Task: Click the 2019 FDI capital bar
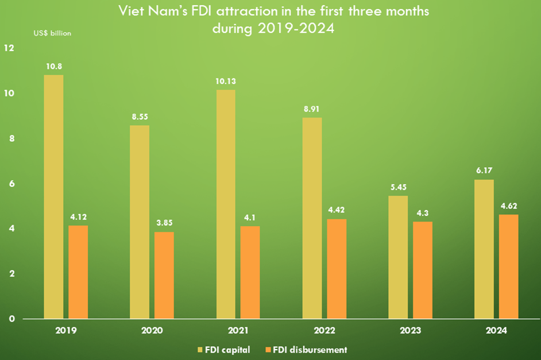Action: (53, 197)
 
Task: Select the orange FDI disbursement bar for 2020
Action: (164, 275)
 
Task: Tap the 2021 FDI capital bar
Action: (226, 204)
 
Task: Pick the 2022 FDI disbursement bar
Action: (336, 269)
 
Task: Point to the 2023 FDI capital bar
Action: (398, 257)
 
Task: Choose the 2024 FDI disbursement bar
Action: (508, 266)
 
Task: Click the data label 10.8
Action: (54, 66)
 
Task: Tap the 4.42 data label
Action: (336, 210)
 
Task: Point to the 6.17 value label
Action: (485, 170)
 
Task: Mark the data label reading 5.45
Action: (398, 187)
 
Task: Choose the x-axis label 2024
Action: (496, 331)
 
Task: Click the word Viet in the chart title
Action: (132, 11)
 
